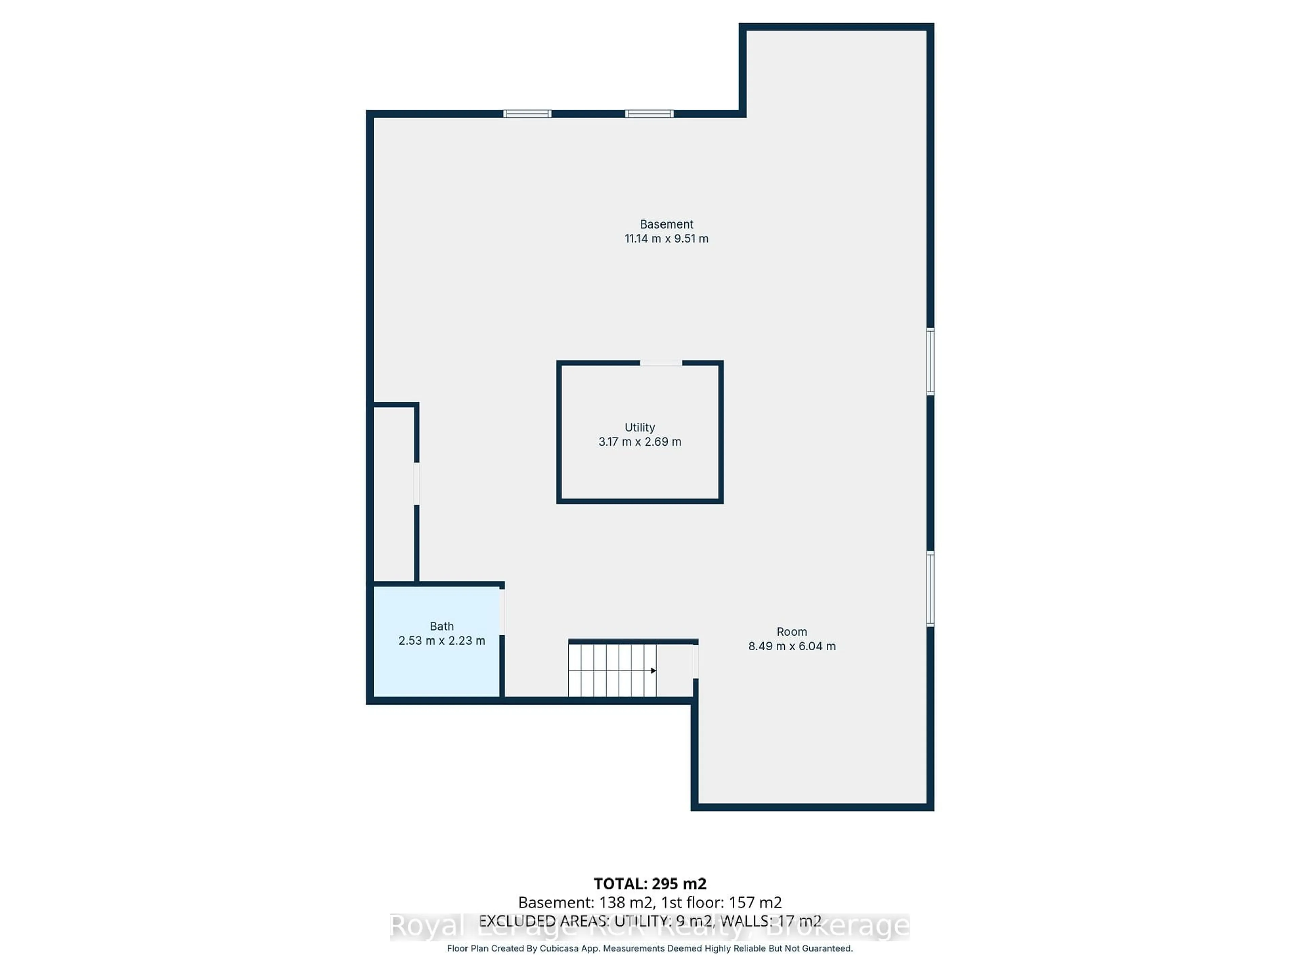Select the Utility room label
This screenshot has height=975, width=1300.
[640, 427]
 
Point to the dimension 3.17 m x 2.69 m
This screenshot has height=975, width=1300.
[640, 442]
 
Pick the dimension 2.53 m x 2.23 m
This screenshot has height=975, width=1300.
[441, 641]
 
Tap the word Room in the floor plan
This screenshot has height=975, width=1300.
[792, 632]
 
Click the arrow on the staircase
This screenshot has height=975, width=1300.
[653, 671]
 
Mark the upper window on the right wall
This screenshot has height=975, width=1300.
[930, 361]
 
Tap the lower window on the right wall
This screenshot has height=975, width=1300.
[930, 589]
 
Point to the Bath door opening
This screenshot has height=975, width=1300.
[502, 612]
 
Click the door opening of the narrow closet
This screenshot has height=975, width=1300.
[417, 484]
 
